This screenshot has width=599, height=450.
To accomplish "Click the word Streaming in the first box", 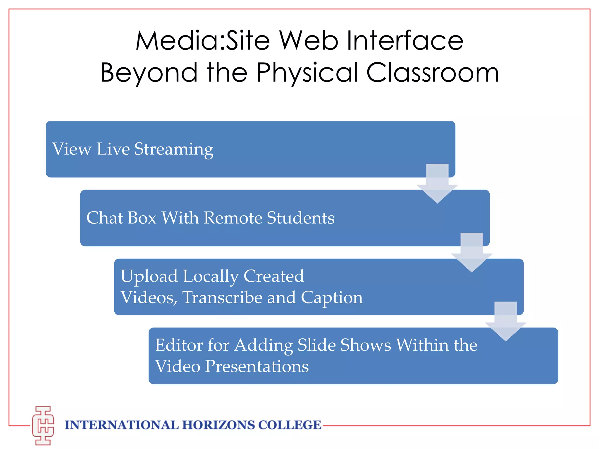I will coord(174,149).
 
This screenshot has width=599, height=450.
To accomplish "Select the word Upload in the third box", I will coord(149,276).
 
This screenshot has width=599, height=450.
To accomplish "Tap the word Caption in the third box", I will coord(332,298).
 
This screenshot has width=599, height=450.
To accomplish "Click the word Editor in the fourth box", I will coord(179,345).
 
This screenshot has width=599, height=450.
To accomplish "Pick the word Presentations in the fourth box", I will coord(257,367).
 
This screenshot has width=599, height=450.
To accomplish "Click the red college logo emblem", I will coord(43,425).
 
